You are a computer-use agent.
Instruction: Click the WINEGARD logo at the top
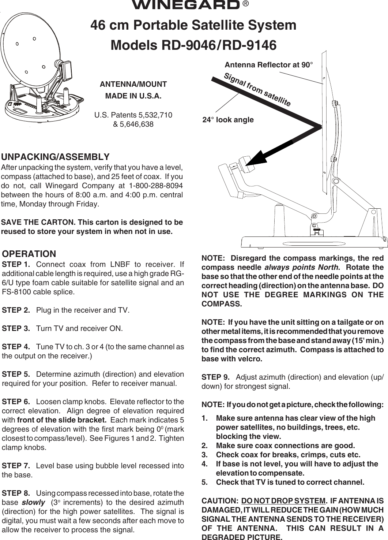point(185,5)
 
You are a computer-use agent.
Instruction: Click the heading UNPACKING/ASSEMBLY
point(56,157)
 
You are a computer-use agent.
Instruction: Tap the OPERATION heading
point(29,254)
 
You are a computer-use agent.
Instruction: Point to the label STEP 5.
point(16,374)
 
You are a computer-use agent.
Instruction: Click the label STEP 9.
point(216,377)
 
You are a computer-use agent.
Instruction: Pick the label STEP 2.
point(16,310)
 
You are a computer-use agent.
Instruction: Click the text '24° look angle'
point(228,120)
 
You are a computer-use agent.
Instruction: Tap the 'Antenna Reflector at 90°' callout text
point(269,65)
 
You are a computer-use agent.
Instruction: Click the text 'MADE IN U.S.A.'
point(133,96)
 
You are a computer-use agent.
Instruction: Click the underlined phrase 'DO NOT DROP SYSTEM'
point(283,501)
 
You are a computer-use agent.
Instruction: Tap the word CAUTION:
point(220,501)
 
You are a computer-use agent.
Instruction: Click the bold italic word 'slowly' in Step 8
point(33,503)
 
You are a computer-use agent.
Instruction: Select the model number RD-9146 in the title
point(249,45)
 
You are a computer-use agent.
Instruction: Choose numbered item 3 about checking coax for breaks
point(288,455)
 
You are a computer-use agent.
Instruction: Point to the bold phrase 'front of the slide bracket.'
point(62,420)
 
